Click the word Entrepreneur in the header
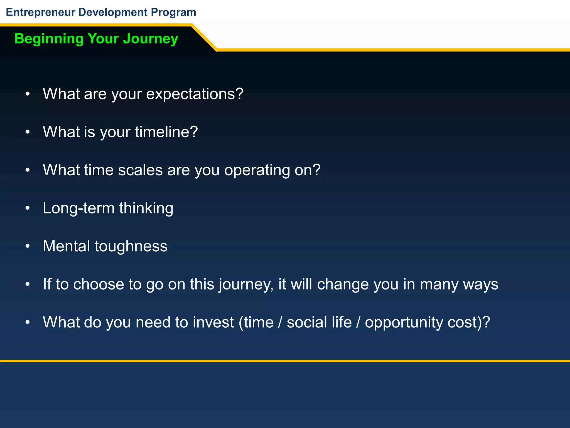[x=41, y=13]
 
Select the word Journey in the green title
[x=151, y=39]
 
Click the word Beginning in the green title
[x=49, y=39]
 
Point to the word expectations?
[x=195, y=94]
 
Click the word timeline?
[x=166, y=132]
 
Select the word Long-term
[x=78, y=208]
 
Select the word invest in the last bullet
[x=213, y=322]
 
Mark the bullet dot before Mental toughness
[x=27, y=246]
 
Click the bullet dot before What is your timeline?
[x=27, y=132]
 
